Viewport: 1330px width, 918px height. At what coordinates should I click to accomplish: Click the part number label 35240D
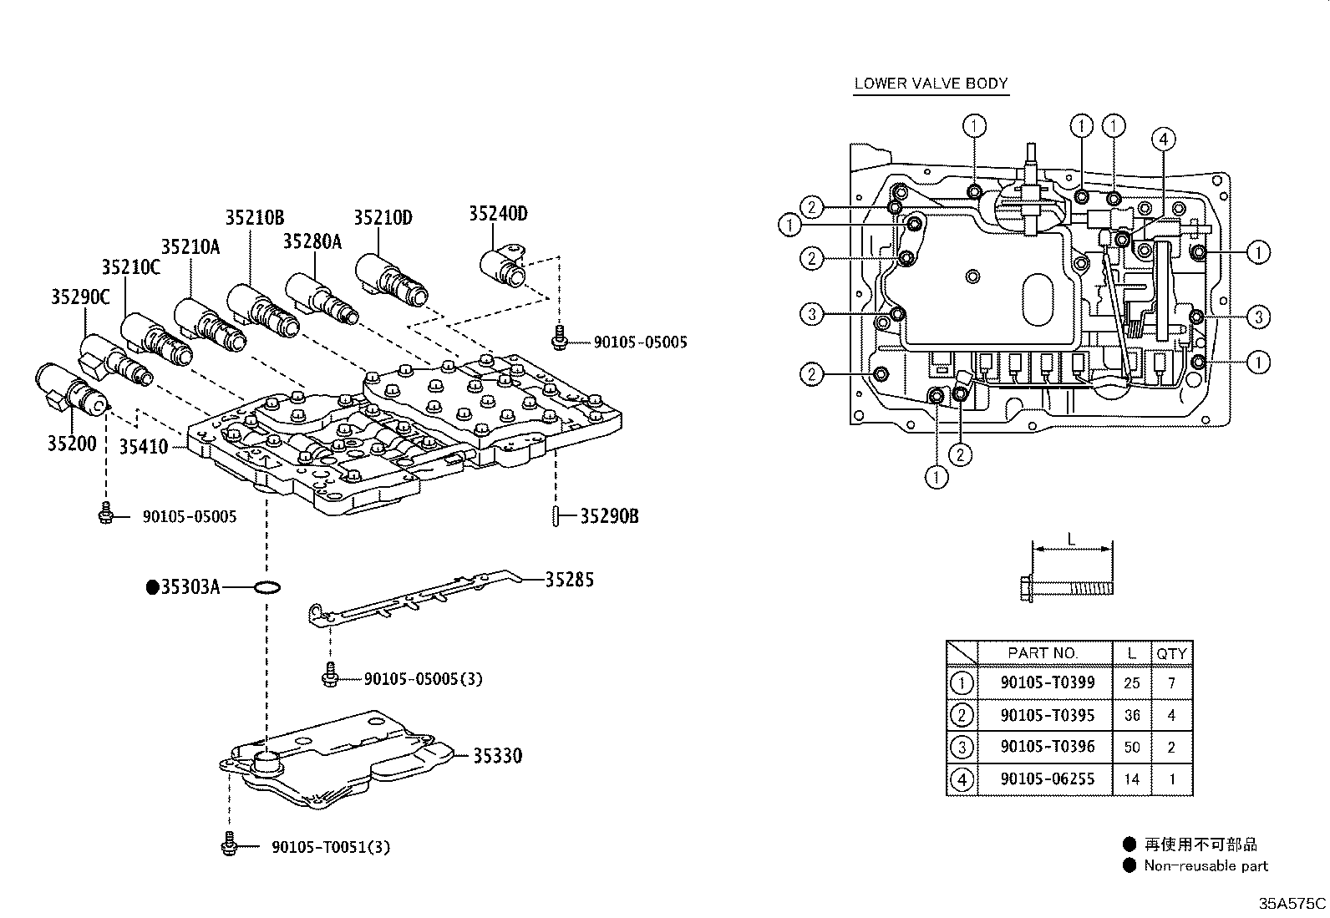point(497,214)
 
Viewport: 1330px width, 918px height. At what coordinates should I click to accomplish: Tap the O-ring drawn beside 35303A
point(266,588)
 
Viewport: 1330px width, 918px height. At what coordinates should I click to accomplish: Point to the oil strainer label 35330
point(497,756)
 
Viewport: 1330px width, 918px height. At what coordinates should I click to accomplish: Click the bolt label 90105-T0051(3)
point(331,847)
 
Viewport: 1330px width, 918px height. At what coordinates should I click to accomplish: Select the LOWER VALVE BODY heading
point(931,84)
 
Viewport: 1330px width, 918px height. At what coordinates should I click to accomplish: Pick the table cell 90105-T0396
point(1047,747)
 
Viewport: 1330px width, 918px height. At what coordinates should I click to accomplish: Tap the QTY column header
point(1171,653)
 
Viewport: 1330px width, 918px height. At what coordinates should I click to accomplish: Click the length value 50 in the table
point(1132,747)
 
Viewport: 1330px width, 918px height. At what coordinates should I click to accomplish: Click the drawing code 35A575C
point(1292,904)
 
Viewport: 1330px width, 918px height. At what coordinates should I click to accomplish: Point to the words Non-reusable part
point(1206,866)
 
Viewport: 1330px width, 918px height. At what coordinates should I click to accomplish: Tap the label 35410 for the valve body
point(144,447)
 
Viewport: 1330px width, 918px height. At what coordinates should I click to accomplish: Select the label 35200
point(71,444)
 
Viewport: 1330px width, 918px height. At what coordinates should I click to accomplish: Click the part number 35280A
point(312,242)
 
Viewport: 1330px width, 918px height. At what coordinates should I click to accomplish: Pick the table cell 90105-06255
point(1047,779)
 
